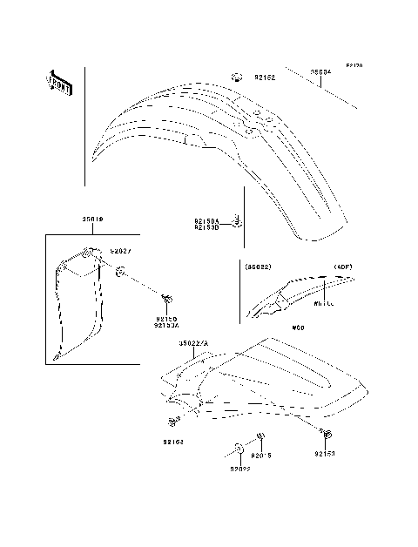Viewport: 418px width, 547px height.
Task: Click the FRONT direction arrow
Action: point(59,82)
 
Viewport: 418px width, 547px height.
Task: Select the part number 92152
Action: point(265,78)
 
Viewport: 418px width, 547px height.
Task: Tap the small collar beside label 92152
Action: point(239,77)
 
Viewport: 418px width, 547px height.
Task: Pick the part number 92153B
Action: point(206,228)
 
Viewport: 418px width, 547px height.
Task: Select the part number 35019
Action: point(93,219)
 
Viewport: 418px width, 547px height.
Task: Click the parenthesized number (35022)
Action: point(259,267)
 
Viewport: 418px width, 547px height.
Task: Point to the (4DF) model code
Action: point(342,267)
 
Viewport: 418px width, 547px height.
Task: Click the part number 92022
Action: point(240,469)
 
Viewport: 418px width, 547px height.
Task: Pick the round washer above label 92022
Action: point(237,450)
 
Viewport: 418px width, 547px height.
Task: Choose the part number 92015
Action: point(261,456)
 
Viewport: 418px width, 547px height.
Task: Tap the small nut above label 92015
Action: point(259,437)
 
